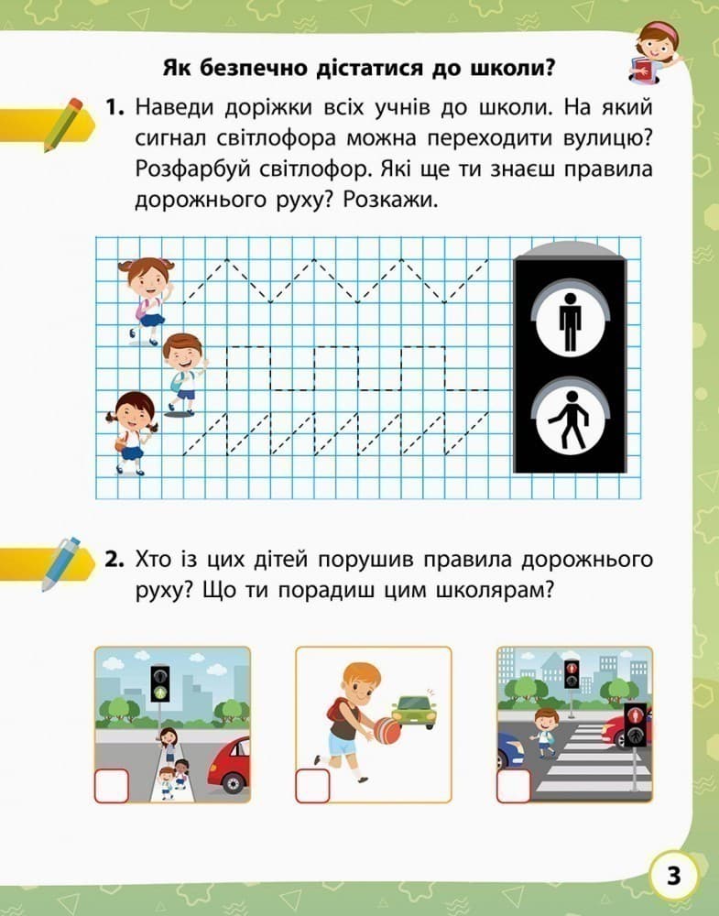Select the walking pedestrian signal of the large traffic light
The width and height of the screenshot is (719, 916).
coord(570,420)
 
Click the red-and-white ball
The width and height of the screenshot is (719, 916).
coord(387,730)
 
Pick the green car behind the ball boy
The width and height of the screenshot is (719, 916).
coord(414,710)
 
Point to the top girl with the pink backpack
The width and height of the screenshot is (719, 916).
coord(146,298)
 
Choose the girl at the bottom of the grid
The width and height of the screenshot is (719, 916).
coord(134,431)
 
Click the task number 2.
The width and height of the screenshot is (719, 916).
coord(114,560)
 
